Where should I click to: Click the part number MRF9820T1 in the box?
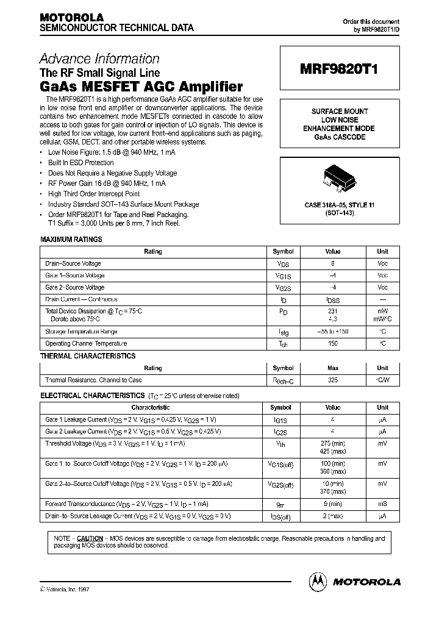click(x=339, y=70)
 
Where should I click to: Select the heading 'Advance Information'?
click(x=99, y=59)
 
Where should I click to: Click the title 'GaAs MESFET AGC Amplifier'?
click(x=141, y=87)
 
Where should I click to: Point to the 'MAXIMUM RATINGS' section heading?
click(x=71, y=240)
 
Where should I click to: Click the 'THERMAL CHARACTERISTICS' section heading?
click(x=88, y=356)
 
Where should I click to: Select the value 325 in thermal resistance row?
click(x=333, y=380)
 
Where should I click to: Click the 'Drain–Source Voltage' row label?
click(x=73, y=264)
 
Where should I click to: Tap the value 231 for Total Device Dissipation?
click(x=333, y=311)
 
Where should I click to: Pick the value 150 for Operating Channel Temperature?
click(x=333, y=344)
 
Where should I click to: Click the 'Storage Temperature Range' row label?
click(x=81, y=332)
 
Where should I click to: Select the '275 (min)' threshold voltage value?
click(x=333, y=443)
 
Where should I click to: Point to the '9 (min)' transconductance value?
click(x=333, y=504)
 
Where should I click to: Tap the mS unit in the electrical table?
click(x=382, y=504)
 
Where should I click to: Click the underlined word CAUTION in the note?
click(x=90, y=539)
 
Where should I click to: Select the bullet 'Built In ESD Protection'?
click(x=81, y=163)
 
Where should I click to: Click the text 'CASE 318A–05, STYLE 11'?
click(x=340, y=205)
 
